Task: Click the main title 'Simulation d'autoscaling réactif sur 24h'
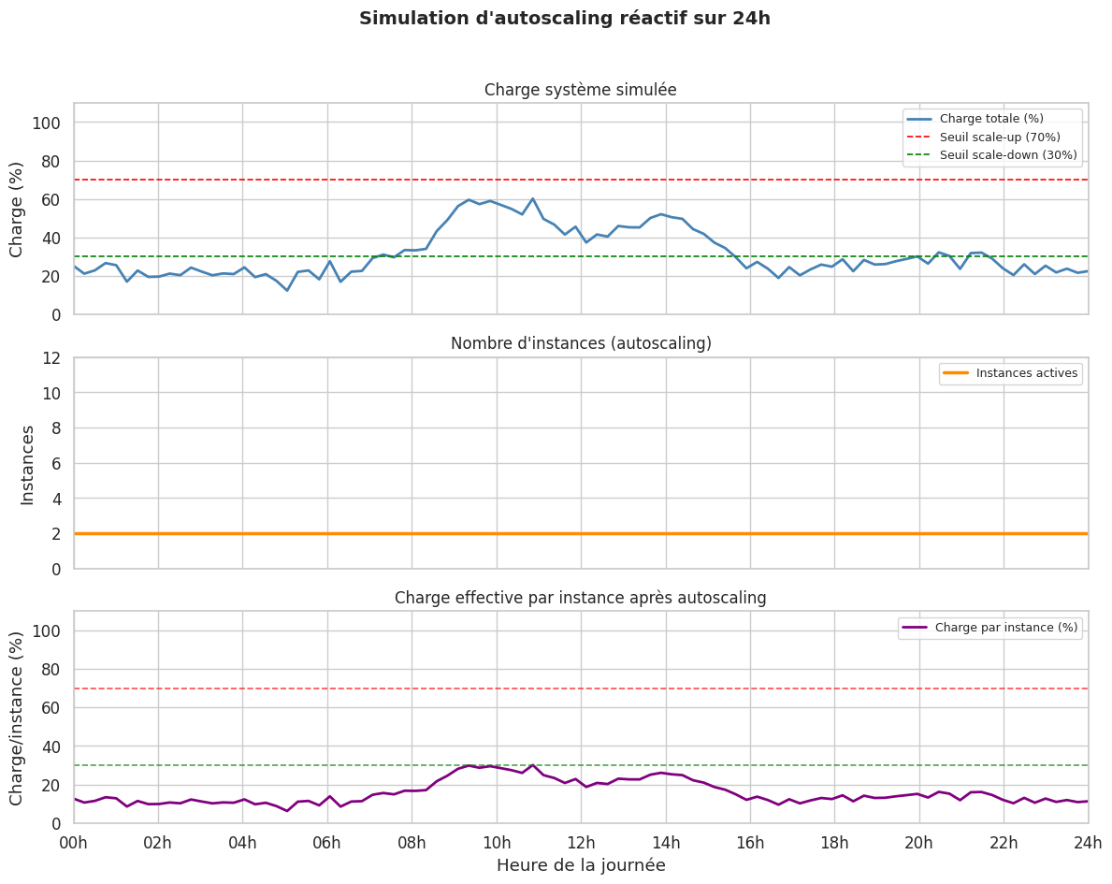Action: point(565,19)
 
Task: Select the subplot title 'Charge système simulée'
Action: point(580,90)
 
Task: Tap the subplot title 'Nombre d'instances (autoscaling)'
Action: point(581,343)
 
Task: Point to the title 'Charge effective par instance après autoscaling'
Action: point(581,598)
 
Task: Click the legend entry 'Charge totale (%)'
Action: point(991,119)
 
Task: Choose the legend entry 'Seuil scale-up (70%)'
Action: point(1000,137)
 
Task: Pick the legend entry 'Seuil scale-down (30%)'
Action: point(1008,154)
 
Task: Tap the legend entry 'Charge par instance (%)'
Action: point(1006,628)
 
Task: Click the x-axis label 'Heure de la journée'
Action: point(581,865)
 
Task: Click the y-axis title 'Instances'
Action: point(28,464)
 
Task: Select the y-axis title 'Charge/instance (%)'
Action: point(17,717)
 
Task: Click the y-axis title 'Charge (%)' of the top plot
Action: point(17,209)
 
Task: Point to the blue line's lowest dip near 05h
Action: point(287,290)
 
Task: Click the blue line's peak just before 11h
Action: point(532,198)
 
